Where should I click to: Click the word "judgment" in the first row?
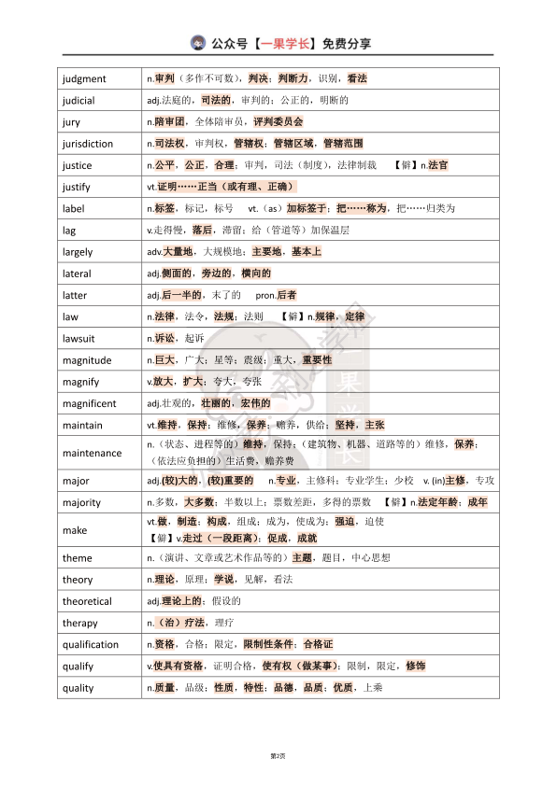[84, 79]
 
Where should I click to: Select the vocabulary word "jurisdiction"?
[88, 144]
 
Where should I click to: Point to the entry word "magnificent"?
[90, 403]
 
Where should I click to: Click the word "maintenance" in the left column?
[92, 453]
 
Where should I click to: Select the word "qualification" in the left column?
[91, 644]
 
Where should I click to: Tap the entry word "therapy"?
[79, 623]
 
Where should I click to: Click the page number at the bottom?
[278, 754]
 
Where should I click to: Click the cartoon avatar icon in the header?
[198, 43]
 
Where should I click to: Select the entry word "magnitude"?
[87, 360]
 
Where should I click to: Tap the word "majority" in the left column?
[82, 502]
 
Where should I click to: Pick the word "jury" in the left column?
[71, 122]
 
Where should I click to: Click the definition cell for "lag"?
[318, 230]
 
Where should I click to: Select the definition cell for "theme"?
[318, 558]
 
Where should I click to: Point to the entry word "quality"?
[79, 688]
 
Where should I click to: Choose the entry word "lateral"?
[77, 274]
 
